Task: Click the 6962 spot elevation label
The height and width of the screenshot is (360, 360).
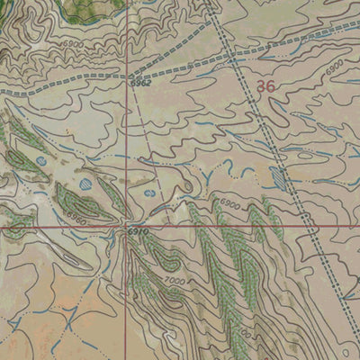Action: click(x=139, y=84)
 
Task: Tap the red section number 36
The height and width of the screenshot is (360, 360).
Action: click(x=265, y=87)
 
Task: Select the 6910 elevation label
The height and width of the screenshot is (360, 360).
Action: click(x=137, y=233)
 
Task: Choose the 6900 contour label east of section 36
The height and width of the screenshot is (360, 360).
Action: click(x=335, y=67)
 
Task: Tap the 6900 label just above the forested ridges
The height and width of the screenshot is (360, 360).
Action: click(x=230, y=205)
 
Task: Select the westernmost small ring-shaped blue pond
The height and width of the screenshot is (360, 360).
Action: click(x=41, y=161)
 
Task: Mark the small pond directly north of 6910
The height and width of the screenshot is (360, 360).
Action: click(x=148, y=193)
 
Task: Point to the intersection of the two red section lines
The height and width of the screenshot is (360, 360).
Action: click(x=127, y=227)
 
